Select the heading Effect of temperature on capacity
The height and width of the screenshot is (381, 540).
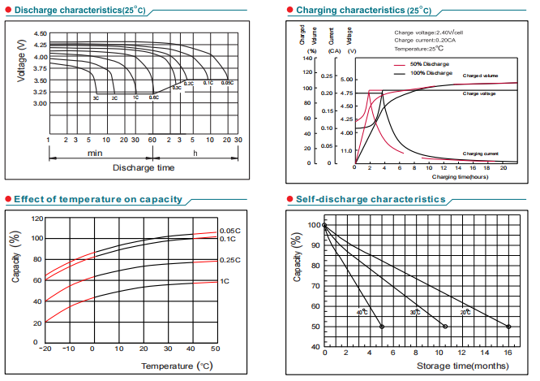coord(97,199)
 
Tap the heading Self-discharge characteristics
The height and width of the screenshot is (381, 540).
coord(359,199)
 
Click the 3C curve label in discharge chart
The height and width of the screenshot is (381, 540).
coord(96,98)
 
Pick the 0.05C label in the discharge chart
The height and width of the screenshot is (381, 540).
coord(228,83)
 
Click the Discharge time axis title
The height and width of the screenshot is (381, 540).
coord(144,167)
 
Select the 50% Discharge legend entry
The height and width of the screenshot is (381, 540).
coord(430,63)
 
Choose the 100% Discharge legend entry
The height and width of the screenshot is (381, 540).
coord(431,73)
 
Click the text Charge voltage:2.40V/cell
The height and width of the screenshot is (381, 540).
coord(430,32)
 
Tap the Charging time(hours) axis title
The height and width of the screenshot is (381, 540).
coord(459,176)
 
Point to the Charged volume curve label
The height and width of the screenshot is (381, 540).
coord(481,76)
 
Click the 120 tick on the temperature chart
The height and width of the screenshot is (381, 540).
coord(37,219)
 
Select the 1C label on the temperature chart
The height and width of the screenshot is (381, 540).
coord(225,281)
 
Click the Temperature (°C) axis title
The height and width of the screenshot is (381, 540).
coord(177,366)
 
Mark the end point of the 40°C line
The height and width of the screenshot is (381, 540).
coord(382,327)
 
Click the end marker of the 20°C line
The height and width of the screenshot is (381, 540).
coord(509,327)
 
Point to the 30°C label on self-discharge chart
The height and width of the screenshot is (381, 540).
coord(414,312)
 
